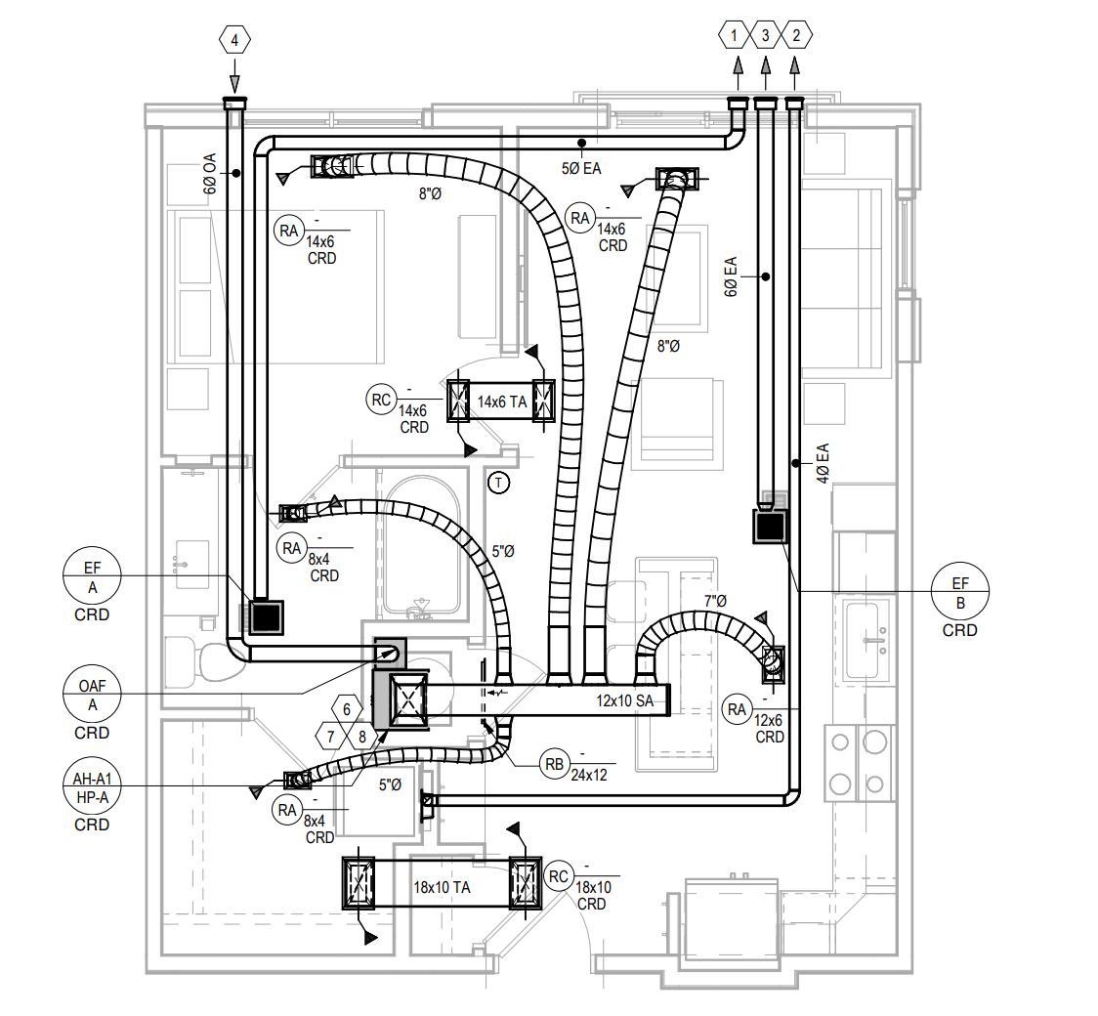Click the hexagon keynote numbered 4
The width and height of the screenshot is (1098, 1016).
point(234,40)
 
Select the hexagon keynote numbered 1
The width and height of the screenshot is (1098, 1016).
point(734,35)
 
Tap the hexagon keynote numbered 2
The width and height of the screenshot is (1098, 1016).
point(796,35)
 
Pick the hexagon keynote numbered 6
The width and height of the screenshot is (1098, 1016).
point(347,709)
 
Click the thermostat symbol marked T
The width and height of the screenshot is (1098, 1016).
point(498,483)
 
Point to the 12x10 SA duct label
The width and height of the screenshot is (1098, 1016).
point(624,700)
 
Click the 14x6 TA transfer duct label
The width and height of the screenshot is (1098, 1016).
point(502,402)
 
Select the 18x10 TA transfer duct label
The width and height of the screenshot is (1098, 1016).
point(442,887)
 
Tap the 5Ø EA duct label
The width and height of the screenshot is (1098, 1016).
point(581,168)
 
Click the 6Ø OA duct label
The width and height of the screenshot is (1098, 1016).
point(209,174)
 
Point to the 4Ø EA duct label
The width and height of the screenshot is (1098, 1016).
point(823,463)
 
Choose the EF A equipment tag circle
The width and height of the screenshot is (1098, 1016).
point(93,576)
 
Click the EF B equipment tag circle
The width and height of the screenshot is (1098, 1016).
point(960,592)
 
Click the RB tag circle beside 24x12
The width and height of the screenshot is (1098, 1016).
point(554,764)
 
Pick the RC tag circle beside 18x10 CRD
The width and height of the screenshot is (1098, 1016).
point(558,876)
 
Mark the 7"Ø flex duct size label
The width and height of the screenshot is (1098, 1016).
point(715,600)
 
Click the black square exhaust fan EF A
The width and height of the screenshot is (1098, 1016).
point(266,616)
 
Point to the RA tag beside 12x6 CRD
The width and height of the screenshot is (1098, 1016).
point(737,709)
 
